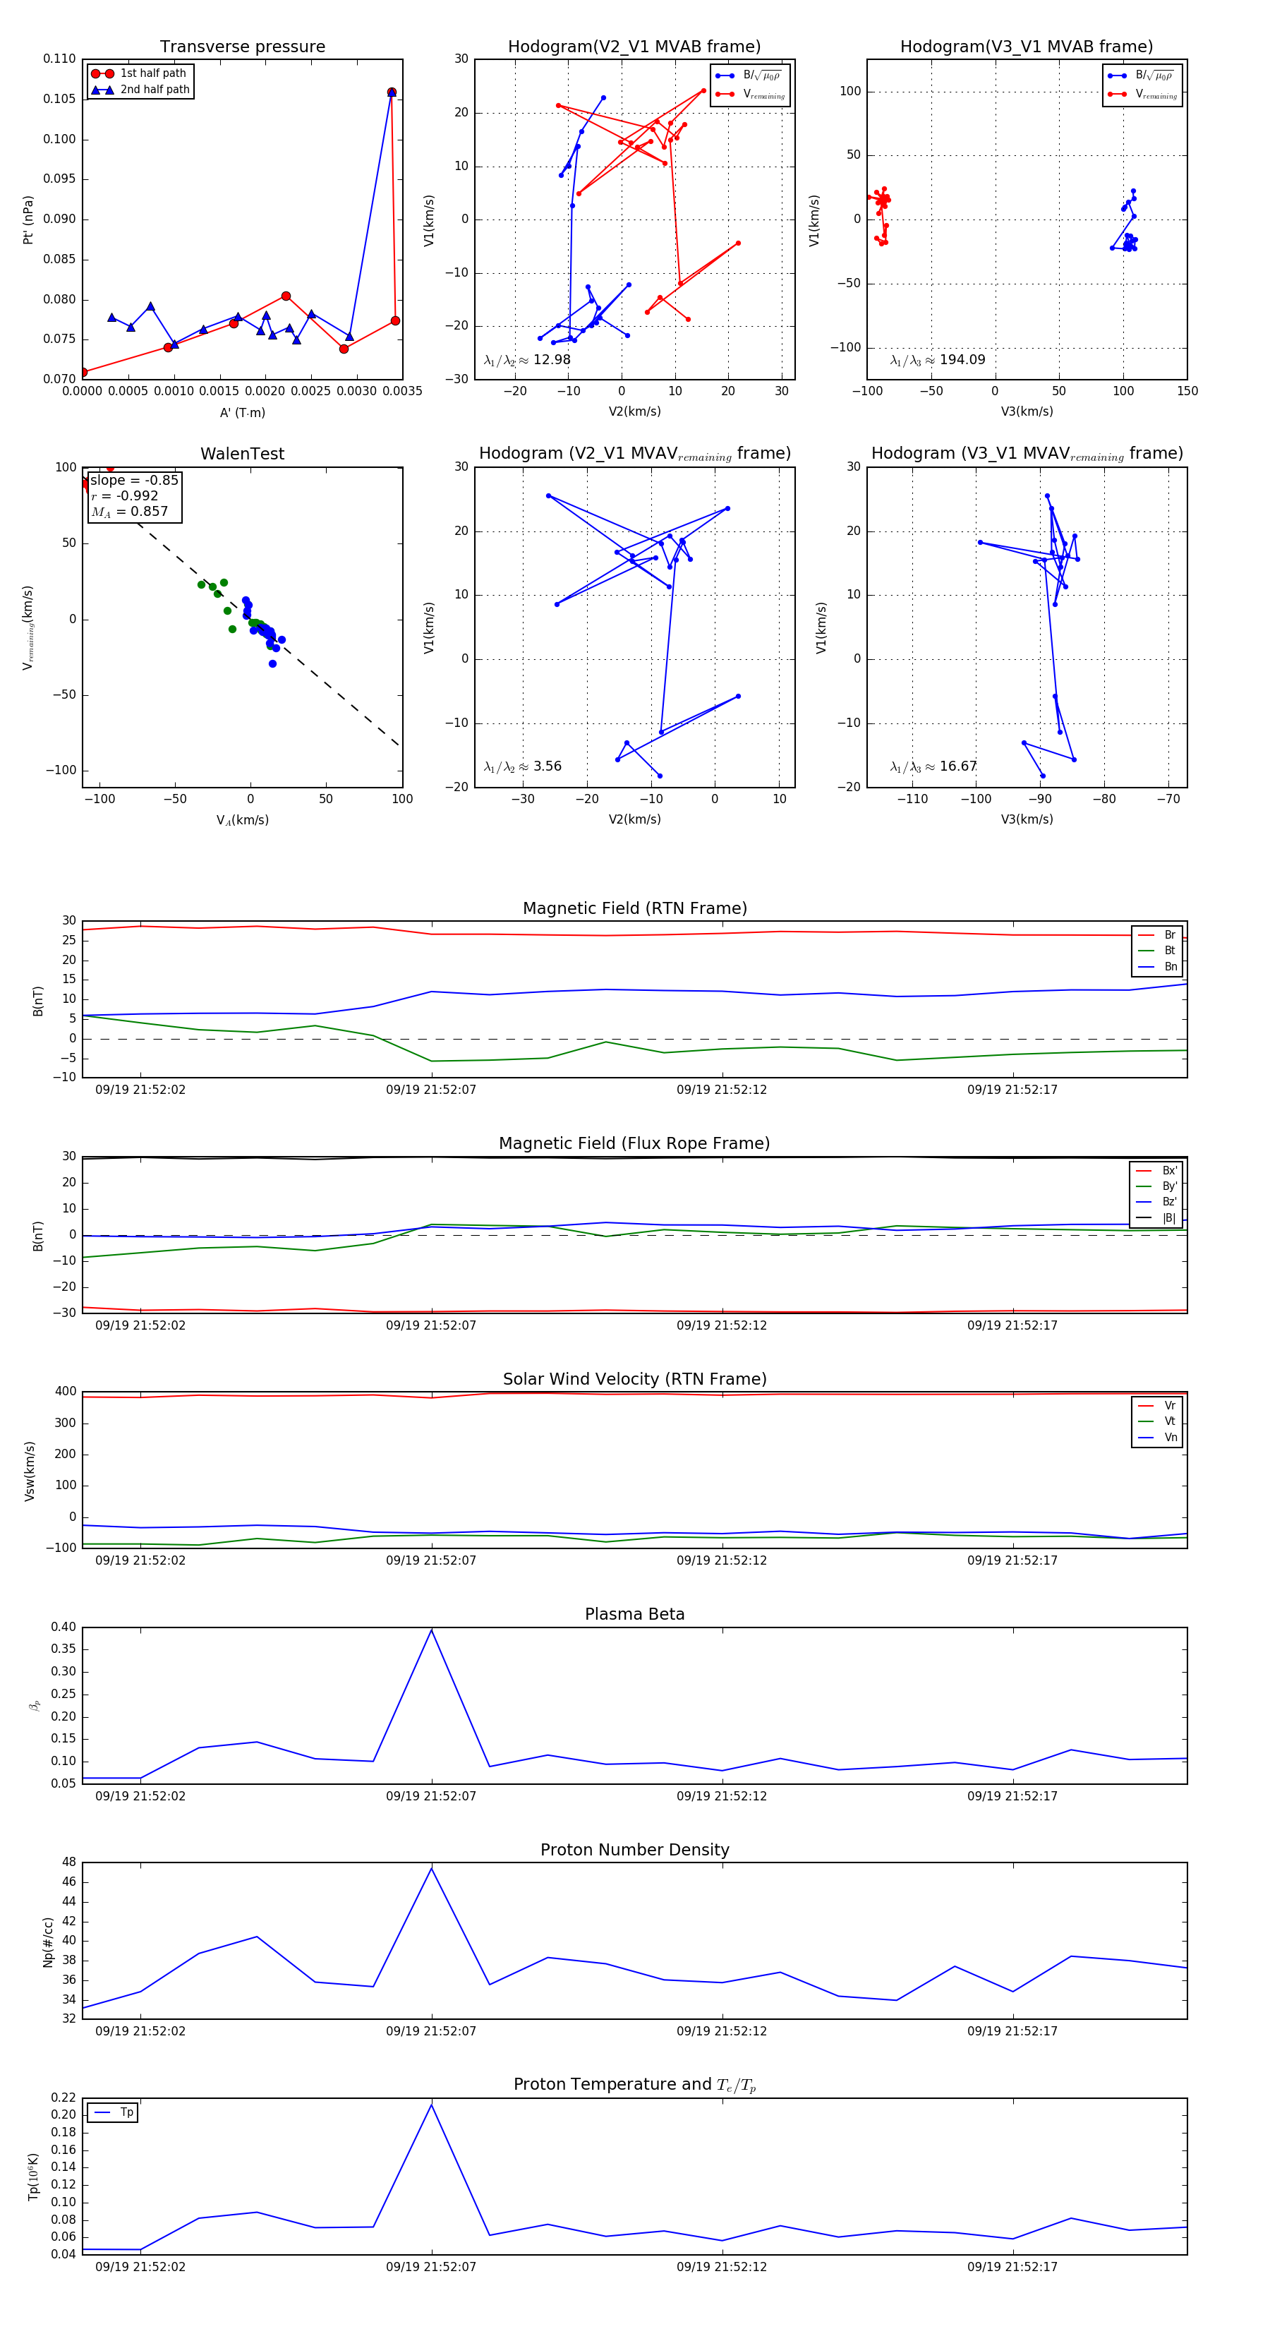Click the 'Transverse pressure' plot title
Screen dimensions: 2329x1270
(242, 47)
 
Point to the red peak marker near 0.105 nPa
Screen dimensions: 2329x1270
(392, 92)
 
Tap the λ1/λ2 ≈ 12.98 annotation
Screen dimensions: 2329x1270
(527, 360)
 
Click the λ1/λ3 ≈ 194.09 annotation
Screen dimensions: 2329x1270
(938, 360)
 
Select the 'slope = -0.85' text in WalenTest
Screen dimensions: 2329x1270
(134, 480)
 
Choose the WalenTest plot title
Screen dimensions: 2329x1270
(242, 454)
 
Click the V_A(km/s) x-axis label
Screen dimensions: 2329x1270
(242, 820)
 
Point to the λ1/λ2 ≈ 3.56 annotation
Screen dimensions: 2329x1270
(522, 766)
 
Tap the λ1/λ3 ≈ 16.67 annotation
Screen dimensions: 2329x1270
(933, 766)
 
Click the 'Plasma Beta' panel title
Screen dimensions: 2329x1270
(634, 1614)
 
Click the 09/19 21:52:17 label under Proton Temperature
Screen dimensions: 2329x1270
(1012, 2267)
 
